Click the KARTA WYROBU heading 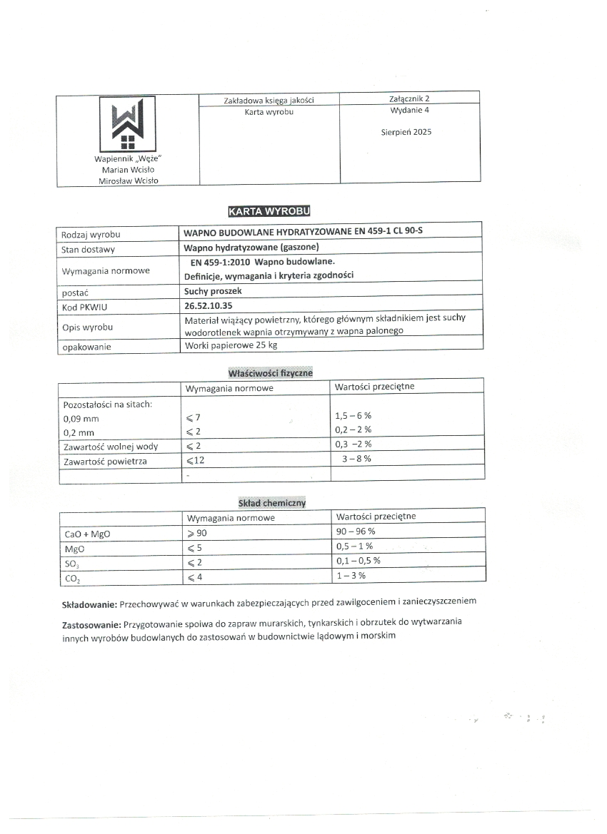click(269, 211)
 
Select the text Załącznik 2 click(406, 98)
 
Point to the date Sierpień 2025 click(406, 132)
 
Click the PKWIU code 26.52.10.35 click(209, 306)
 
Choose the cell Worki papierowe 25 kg click(230, 345)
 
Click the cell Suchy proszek click(212, 291)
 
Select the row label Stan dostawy click(89, 250)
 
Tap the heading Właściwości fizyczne click(270, 373)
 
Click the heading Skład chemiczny click(272, 503)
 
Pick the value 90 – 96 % click(355, 532)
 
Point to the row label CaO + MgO click(88, 534)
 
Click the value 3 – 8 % click(356, 459)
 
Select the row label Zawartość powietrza click(105, 462)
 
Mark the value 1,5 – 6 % click(353, 415)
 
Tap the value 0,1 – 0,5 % click(358, 561)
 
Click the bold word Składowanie click(89, 604)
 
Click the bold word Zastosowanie click(91, 624)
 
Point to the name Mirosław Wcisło click(129, 180)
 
